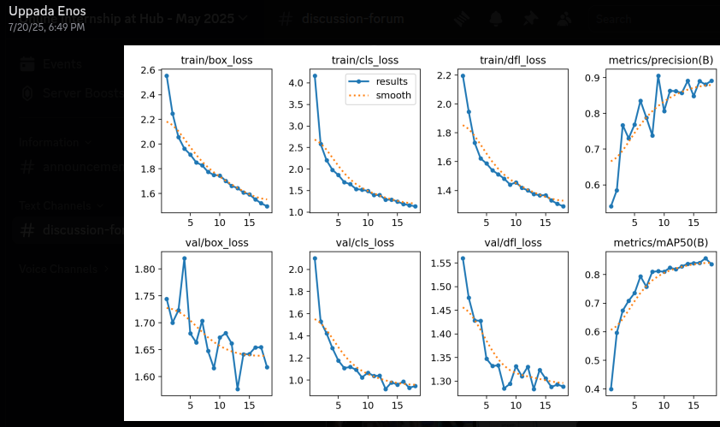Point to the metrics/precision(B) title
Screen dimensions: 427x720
(x=660, y=60)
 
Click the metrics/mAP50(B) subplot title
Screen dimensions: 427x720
(x=660, y=242)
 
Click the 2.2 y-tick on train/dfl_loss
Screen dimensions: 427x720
(x=442, y=76)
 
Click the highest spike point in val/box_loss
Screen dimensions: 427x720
(x=184, y=258)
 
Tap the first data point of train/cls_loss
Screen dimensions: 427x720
(x=315, y=76)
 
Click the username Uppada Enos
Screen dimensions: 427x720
(x=46, y=12)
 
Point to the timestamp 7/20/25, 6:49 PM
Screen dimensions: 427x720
(x=46, y=27)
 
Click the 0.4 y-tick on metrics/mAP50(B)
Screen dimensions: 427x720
(x=591, y=389)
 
